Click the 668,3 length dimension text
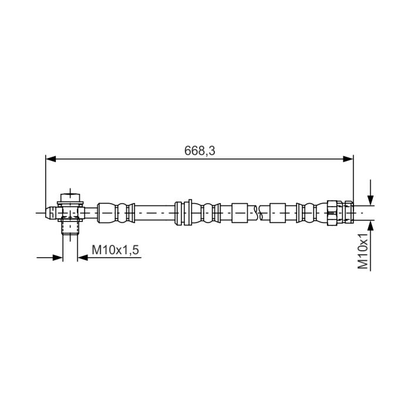click(x=200, y=151)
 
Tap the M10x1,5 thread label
click(x=115, y=250)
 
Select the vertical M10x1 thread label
click(x=363, y=251)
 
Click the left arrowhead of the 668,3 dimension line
click(x=51, y=159)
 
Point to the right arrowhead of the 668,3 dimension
click(x=348, y=159)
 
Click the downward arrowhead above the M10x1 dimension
click(x=370, y=200)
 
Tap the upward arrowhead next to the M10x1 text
click(x=370, y=226)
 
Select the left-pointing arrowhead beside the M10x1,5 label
click(x=83, y=258)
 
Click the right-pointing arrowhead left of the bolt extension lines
click(x=58, y=258)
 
